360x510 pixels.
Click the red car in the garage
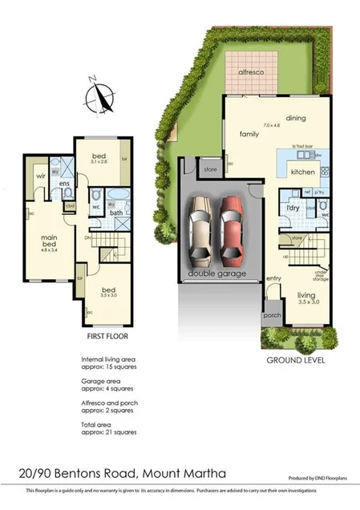(232, 232)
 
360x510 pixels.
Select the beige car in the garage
(199, 233)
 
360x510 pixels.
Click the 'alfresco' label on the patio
(250, 72)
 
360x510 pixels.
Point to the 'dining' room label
(297, 117)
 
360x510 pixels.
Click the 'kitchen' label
(302, 172)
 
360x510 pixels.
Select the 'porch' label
(271, 315)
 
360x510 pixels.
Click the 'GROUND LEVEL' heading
(295, 361)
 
